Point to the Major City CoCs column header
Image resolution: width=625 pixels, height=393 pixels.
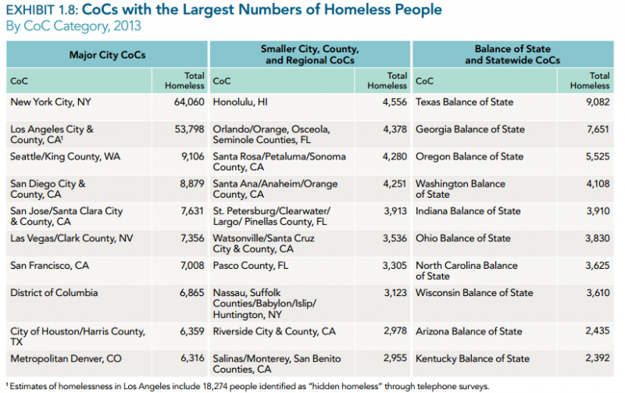[108, 55]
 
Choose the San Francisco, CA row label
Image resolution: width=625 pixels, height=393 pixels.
[49, 266]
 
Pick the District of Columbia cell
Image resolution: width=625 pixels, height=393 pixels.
[54, 293]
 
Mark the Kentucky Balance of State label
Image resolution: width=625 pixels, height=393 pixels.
[472, 359]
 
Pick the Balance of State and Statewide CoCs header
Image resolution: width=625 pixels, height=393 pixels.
[514, 55]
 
